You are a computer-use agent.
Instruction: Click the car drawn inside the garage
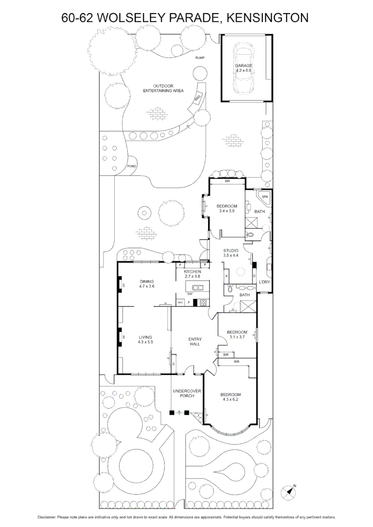click(x=244, y=68)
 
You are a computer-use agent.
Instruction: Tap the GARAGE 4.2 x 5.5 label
click(x=244, y=68)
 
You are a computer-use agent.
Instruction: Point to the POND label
click(x=131, y=166)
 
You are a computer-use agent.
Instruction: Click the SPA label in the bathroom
click(x=265, y=197)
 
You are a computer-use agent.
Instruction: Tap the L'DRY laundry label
click(x=264, y=283)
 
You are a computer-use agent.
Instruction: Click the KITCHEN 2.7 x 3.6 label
click(x=192, y=274)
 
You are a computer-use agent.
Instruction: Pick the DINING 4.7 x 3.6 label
click(x=147, y=284)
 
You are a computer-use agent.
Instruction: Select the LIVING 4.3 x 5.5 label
click(x=145, y=340)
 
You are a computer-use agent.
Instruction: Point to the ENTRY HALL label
click(x=195, y=342)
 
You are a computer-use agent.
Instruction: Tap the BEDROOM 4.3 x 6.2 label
click(x=229, y=397)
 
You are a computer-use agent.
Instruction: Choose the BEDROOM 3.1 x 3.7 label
click(x=237, y=335)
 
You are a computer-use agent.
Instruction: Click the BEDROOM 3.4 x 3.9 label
click(x=227, y=208)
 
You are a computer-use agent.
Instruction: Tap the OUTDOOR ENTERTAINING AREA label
click(x=163, y=88)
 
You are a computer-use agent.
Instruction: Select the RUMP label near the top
click(x=200, y=58)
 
